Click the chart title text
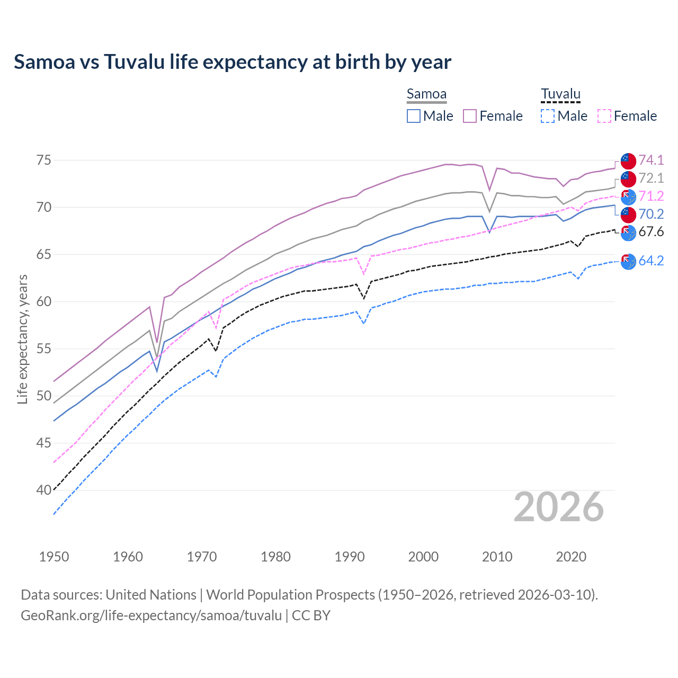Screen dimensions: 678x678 click(x=233, y=62)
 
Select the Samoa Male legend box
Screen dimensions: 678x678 click(x=414, y=116)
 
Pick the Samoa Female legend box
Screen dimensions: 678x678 click(x=470, y=116)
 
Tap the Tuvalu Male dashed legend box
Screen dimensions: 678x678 click(x=548, y=116)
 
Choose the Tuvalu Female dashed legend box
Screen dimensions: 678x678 click(x=604, y=116)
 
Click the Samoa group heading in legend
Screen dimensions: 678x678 click(x=426, y=94)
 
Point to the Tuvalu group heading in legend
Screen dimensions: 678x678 click(x=560, y=94)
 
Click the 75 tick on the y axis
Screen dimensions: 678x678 click(x=44, y=160)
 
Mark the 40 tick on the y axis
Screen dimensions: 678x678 click(x=44, y=490)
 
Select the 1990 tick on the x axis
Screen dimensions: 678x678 click(x=349, y=557)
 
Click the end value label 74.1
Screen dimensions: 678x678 click(x=651, y=160)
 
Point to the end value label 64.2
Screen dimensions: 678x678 click(x=651, y=261)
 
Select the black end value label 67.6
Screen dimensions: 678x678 click(x=651, y=231)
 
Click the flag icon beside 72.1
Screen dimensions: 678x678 click(x=628, y=179)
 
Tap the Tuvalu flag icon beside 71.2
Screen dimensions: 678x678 click(x=628, y=197)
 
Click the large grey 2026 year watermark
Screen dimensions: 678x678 click(x=558, y=507)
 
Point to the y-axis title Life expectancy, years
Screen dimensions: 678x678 click(x=22, y=339)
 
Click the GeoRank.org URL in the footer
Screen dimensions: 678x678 click(x=151, y=615)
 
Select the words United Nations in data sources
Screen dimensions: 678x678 click(x=151, y=595)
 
